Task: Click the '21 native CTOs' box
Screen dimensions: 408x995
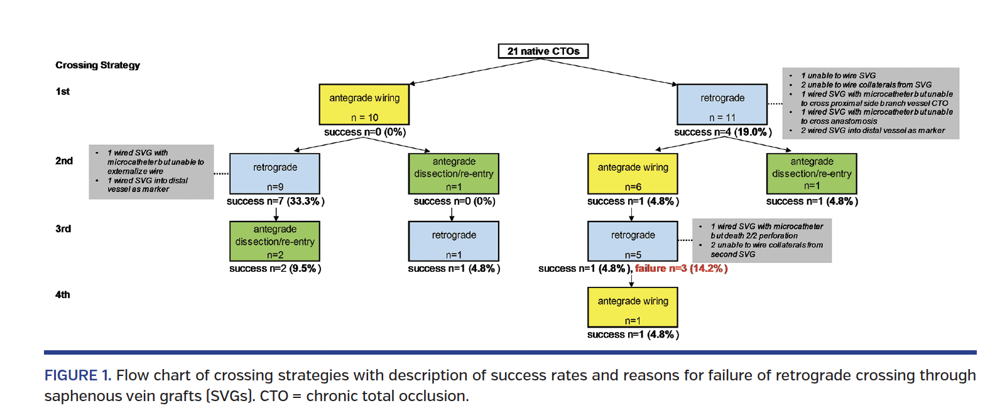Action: [x=543, y=51]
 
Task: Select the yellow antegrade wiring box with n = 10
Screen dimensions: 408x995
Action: [x=364, y=104]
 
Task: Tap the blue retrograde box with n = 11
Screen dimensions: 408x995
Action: [x=722, y=104]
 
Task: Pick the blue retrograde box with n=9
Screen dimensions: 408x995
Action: [x=275, y=174]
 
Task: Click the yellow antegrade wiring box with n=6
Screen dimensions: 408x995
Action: [x=633, y=174]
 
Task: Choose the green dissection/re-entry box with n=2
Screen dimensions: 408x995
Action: [x=275, y=241]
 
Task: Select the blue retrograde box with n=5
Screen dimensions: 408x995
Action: [x=633, y=241]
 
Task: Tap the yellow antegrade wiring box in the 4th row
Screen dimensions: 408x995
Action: [x=633, y=308]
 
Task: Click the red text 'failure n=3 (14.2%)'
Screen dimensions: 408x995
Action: [x=681, y=269]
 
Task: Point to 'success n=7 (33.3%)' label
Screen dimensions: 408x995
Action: [x=275, y=201]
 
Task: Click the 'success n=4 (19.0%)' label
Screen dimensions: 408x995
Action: [x=722, y=132]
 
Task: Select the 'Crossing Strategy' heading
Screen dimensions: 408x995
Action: [x=97, y=65]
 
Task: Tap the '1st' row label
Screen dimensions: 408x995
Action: [x=63, y=92]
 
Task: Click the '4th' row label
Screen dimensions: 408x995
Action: [x=63, y=295]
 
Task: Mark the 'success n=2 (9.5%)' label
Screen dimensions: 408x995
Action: [x=275, y=269]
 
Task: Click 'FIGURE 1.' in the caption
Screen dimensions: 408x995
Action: [x=77, y=375]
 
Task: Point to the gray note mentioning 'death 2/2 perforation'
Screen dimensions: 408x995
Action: [x=762, y=240]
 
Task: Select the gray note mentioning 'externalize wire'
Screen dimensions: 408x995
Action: [x=151, y=171]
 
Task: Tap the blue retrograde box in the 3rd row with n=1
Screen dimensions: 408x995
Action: [x=454, y=241]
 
